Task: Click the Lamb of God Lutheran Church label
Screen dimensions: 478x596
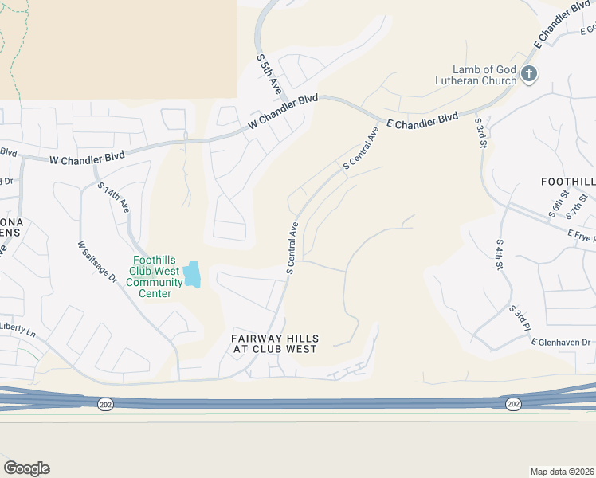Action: tap(475, 75)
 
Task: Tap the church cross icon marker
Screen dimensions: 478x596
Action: tap(528, 75)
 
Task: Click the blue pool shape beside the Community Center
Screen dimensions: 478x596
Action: tap(192, 275)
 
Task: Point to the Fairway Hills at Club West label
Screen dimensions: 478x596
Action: tap(274, 343)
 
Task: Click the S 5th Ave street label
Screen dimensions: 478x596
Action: tap(269, 75)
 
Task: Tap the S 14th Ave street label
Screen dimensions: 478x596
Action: tap(113, 197)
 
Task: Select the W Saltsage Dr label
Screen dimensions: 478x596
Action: tap(97, 262)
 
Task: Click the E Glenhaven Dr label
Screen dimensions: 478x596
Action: tap(563, 343)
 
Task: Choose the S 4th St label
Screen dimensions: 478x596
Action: tap(500, 254)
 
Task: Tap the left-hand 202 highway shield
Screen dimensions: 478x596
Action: tap(105, 405)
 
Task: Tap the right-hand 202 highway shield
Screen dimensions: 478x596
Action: tap(513, 404)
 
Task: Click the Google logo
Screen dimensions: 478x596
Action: tap(26, 468)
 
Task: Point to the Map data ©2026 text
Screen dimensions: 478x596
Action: tap(563, 472)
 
